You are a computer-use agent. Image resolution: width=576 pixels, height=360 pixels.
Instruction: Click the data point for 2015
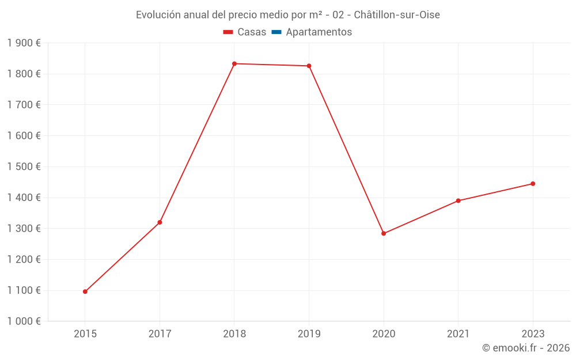click(85, 291)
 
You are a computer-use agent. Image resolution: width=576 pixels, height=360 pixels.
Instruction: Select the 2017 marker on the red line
click(160, 222)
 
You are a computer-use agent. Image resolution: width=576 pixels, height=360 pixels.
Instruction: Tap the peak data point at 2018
click(234, 63)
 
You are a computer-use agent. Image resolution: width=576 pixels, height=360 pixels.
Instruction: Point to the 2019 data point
click(309, 66)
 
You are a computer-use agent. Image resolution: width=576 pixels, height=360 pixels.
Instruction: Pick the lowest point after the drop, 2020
click(384, 233)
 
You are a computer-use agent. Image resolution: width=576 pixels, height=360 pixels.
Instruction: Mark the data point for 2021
click(458, 200)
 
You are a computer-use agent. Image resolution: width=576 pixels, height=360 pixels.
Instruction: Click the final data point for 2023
click(533, 184)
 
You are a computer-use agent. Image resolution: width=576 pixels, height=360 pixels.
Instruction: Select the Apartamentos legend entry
click(319, 32)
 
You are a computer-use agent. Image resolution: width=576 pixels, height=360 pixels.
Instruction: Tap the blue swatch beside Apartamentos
click(276, 32)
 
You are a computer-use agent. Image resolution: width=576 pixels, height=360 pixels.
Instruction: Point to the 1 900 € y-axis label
click(24, 43)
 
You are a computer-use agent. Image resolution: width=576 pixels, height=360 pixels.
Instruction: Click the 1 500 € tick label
click(24, 166)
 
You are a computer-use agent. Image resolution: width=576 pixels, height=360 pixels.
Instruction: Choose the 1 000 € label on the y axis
click(24, 321)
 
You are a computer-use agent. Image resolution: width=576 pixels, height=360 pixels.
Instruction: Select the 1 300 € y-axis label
click(24, 229)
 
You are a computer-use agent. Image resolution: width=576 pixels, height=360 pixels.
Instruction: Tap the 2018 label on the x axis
click(234, 334)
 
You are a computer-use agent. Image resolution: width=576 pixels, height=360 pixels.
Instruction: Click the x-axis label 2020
click(384, 334)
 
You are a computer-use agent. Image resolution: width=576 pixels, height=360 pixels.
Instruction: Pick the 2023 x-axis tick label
click(533, 334)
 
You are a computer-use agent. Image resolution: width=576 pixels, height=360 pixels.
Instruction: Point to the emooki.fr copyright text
click(525, 348)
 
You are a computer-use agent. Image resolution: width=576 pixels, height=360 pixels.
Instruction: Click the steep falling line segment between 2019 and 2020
click(346, 150)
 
